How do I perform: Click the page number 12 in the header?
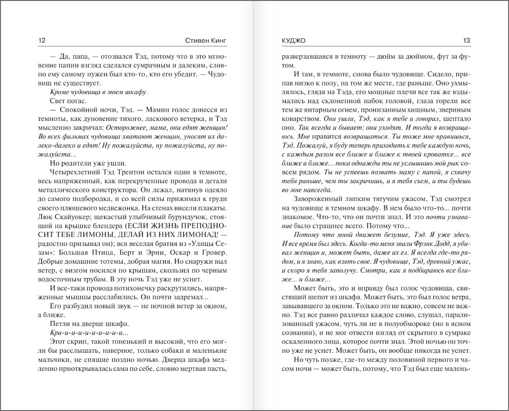pyautogui.click(x=42, y=40)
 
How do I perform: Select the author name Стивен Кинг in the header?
pyautogui.click(x=206, y=40)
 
